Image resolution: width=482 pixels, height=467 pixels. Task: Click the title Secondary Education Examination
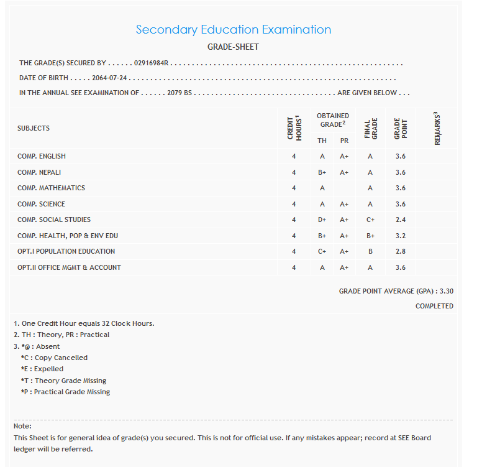[x=233, y=29]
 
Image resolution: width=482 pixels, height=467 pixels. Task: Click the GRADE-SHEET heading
[x=233, y=47]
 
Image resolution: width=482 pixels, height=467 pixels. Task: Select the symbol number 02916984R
[x=152, y=63]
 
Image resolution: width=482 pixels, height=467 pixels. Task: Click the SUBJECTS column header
[x=34, y=128]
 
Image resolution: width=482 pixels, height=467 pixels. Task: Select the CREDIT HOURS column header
[x=294, y=127]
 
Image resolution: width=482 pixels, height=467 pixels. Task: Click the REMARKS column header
[x=437, y=129]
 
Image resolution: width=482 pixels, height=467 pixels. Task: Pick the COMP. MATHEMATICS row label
[x=51, y=188]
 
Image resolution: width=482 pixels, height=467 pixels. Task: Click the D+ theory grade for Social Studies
[x=322, y=220]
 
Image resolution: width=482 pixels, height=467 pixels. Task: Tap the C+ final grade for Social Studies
[x=370, y=220]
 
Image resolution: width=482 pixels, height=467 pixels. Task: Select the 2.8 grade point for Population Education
[x=401, y=251]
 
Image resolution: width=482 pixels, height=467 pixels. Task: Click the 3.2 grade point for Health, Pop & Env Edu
[x=401, y=236]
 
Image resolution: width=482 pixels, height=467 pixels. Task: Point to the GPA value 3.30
[x=446, y=291]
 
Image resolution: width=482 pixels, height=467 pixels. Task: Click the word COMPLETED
[x=434, y=306]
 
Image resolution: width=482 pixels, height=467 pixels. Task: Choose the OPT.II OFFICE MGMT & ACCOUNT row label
[x=69, y=267]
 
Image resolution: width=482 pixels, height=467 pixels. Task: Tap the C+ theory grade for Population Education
[x=322, y=251]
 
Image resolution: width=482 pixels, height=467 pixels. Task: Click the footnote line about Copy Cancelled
[x=54, y=358]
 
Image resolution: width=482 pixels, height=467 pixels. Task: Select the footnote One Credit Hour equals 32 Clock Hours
[x=84, y=323]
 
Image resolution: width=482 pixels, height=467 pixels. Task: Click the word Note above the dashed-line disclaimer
[x=22, y=426]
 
